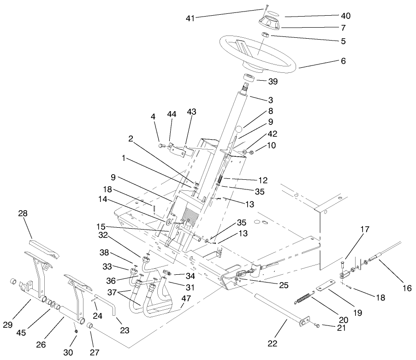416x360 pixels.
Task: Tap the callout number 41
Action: [x=190, y=18]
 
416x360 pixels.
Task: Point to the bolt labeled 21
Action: [x=317, y=326]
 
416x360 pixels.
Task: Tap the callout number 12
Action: [x=263, y=179]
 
